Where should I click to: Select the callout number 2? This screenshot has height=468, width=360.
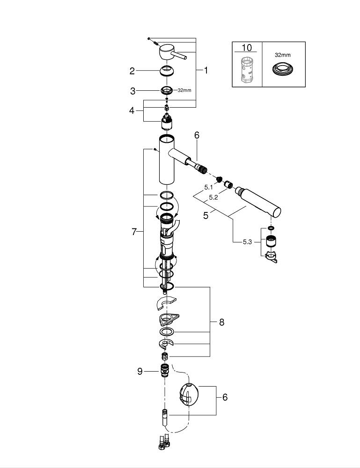click(x=132, y=71)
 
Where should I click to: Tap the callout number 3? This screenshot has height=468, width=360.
click(x=132, y=91)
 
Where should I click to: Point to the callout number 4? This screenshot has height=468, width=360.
click(x=132, y=111)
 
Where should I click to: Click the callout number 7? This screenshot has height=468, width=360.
click(x=134, y=232)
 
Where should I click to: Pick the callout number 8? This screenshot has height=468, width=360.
click(x=221, y=322)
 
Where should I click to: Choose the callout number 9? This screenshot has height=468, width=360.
click(x=140, y=371)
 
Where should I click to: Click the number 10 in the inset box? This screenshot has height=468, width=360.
click(x=247, y=48)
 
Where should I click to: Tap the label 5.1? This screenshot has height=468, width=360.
click(x=209, y=187)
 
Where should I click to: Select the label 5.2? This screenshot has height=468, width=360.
click(x=213, y=197)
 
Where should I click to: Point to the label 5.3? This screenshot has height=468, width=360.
click(x=247, y=242)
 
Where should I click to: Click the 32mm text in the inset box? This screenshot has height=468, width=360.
click(x=282, y=55)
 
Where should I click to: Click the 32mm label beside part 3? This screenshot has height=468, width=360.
click(x=184, y=90)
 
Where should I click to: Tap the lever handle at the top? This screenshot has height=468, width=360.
click(x=169, y=53)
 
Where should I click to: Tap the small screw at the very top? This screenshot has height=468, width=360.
click(x=149, y=38)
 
